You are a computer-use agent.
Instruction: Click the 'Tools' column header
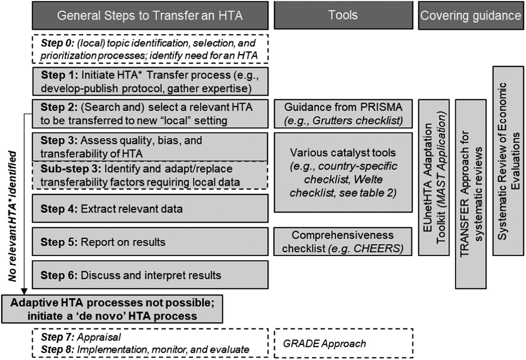tap(343, 15)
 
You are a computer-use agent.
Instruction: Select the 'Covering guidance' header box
tap(471, 15)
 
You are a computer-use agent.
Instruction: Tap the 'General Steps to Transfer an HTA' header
tap(150, 15)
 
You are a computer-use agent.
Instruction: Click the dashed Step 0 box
tap(150, 49)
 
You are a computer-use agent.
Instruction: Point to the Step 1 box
tap(150, 82)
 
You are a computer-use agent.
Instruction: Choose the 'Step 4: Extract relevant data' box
tap(150, 209)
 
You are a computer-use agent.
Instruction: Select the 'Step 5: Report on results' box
tap(150, 242)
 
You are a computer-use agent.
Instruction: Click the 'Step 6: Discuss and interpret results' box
tap(150, 275)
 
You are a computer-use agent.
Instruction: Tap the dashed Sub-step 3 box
tap(150, 175)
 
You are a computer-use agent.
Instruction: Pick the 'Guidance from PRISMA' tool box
tap(343, 114)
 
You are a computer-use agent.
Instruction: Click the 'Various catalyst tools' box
tap(343, 173)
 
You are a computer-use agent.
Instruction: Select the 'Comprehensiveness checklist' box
tap(343, 242)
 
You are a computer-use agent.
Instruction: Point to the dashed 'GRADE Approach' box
tap(343, 343)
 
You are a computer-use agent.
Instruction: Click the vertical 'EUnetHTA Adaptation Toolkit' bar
tap(434, 177)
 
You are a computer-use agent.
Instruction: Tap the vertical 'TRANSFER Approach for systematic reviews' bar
tap(471, 194)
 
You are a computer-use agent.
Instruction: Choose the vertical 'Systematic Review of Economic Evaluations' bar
tap(508, 161)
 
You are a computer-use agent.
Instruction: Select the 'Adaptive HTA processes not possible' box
tap(112, 309)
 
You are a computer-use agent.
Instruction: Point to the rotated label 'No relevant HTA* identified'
tap(13, 216)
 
